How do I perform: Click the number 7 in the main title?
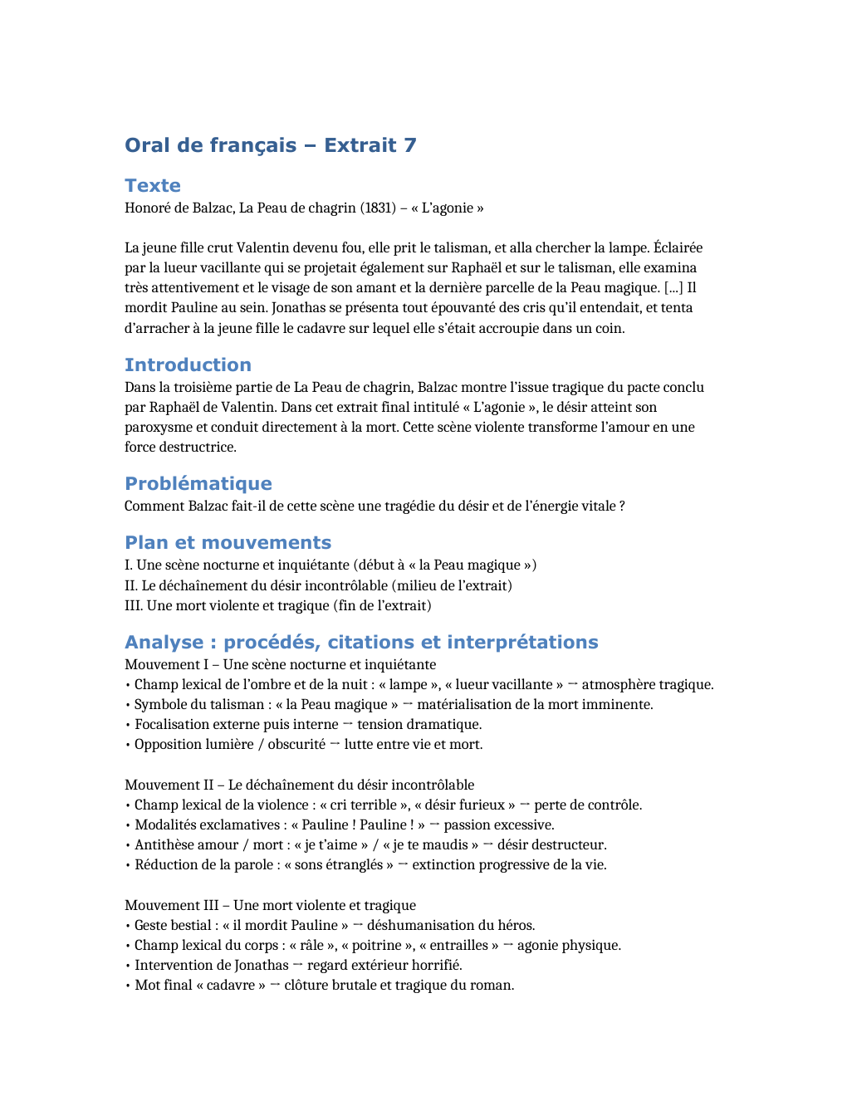click(410, 145)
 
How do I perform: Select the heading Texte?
click(153, 185)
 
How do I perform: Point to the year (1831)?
click(378, 208)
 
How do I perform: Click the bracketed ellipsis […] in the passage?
click(673, 287)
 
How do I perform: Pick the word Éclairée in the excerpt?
click(678, 247)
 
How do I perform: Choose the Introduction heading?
click(188, 365)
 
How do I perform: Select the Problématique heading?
click(198, 483)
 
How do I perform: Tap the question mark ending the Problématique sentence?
click(622, 506)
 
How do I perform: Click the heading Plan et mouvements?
click(228, 542)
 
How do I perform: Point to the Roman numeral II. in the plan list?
click(131, 585)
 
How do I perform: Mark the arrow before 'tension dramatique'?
click(348, 724)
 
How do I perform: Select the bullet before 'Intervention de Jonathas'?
click(128, 965)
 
